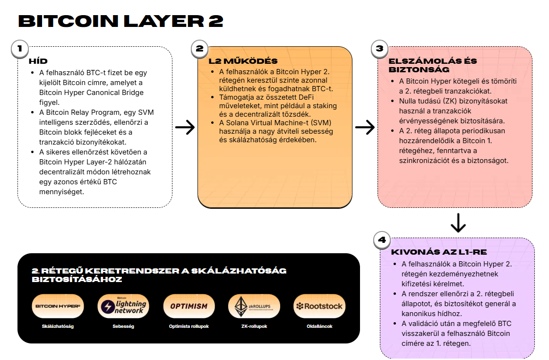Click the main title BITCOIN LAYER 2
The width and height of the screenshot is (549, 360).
point(120,21)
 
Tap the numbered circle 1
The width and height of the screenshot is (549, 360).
point(19,48)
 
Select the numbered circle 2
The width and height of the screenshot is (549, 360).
point(199,48)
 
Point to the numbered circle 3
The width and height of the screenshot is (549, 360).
point(379,48)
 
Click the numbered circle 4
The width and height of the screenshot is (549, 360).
point(382,240)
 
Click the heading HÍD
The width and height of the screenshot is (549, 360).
point(38,61)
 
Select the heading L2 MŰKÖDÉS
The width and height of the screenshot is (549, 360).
point(243,61)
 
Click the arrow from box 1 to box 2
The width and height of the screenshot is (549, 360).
point(185,127)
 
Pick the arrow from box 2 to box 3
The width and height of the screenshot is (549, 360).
point(365,127)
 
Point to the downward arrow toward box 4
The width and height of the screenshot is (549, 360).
point(458,223)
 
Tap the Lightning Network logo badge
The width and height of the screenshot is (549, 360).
point(123,306)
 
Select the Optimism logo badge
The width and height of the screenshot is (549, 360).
point(189,306)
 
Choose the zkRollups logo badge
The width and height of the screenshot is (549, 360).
point(255,306)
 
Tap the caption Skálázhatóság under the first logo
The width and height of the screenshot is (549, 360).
point(58,326)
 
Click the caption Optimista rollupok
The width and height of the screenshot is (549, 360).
point(189,326)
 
